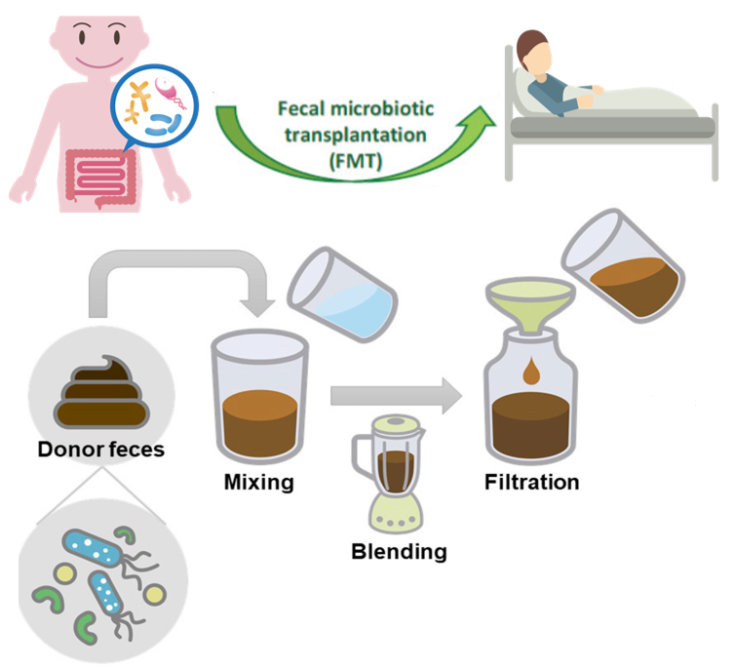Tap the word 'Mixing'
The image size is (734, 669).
point(258,481)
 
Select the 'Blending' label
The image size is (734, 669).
point(399,552)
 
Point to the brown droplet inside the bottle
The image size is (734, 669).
point(532,371)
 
